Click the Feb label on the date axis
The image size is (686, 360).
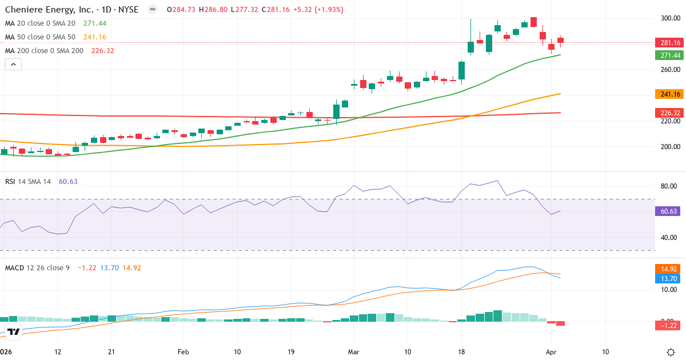click(183, 351)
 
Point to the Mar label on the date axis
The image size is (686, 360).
click(353, 351)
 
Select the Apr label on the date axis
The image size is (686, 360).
click(551, 351)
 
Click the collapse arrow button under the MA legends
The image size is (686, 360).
click(13, 65)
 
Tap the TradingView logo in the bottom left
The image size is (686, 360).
click(14, 331)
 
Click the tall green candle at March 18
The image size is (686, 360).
click(462, 71)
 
